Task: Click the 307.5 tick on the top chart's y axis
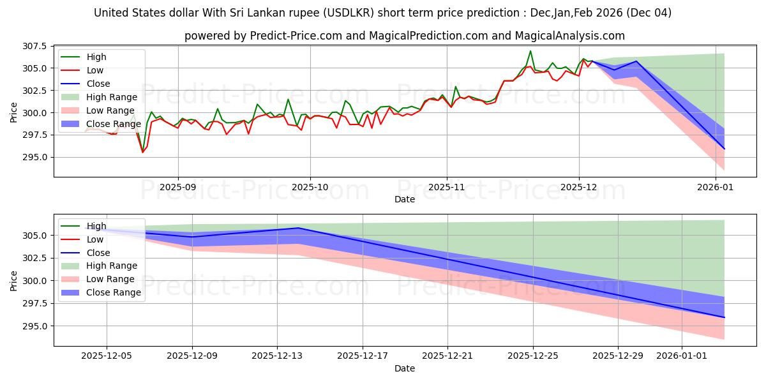point(34,46)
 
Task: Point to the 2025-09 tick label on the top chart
point(177,188)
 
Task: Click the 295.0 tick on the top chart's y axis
point(34,157)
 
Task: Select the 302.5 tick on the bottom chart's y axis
point(34,258)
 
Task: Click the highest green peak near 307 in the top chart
point(530,51)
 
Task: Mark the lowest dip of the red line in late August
point(142,152)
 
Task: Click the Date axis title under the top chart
point(405,199)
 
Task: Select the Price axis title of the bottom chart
point(14,280)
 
